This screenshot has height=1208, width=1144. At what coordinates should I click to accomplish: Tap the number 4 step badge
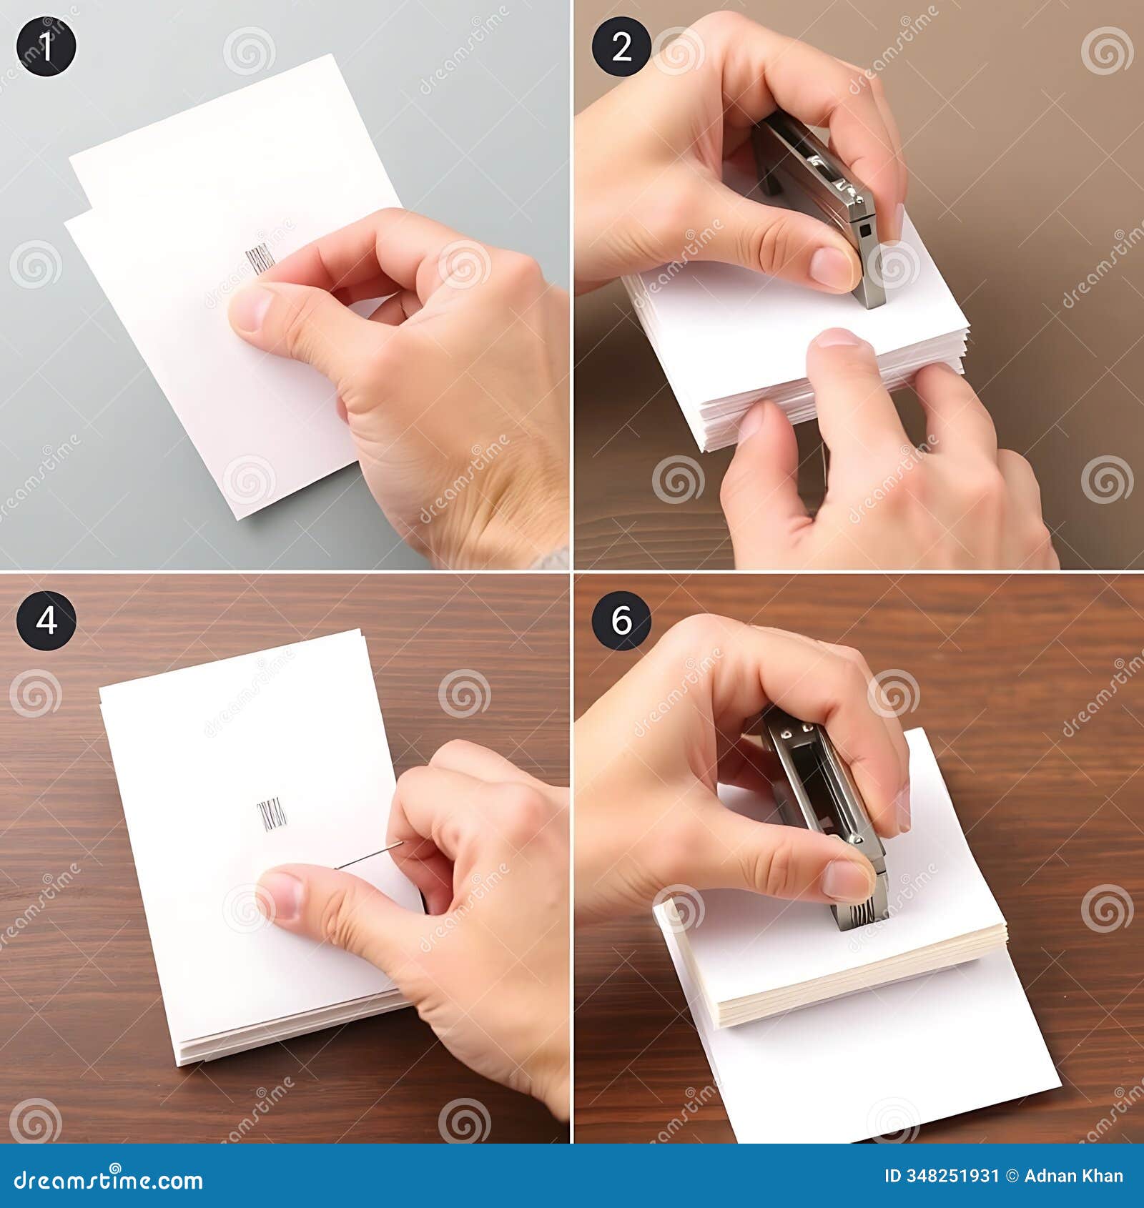click(x=46, y=620)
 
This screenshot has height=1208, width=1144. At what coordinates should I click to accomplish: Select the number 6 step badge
click(x=621, y=620)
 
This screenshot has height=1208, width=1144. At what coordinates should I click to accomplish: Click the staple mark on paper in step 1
click(x=260, y=257)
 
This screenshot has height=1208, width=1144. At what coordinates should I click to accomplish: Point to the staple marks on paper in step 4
click(x=271, y=816)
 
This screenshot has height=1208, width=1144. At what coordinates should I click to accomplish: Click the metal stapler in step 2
click(x=822, y=193)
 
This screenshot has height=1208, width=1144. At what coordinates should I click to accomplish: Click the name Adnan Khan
click(x=1073, y=1176)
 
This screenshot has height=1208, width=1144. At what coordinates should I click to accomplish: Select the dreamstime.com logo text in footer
click(x=109, y=1181)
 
